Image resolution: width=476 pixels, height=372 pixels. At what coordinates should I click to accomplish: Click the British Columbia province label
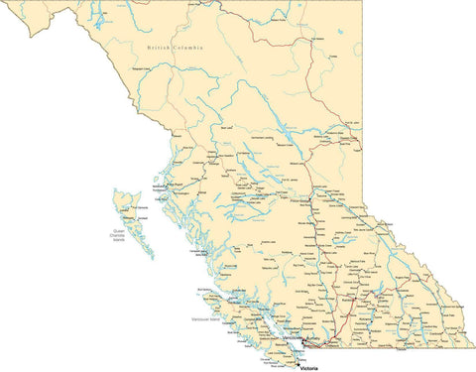click(175, 48)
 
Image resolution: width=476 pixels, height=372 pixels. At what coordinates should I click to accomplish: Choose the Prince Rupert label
click(175, 184)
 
